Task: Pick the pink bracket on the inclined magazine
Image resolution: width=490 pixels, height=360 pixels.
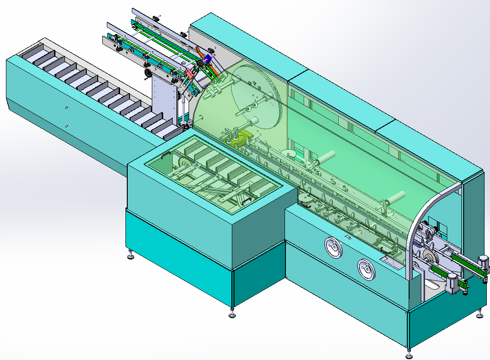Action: click(x=190, y=72)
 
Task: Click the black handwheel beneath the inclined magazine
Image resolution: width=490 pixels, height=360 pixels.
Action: click(x=148, y=74)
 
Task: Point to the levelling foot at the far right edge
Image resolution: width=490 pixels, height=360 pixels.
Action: click(x=480, y=315)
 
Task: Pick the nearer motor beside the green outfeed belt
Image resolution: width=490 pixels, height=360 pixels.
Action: click(x=453, y=282)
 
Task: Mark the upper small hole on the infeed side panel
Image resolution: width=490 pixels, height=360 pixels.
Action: click(x=66, y=108)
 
